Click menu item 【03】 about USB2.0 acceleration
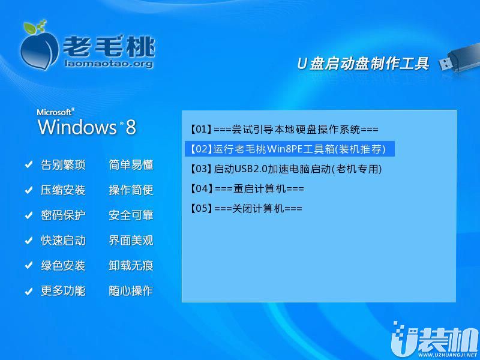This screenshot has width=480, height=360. coord(286,169)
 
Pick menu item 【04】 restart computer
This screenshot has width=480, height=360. coord(247,189)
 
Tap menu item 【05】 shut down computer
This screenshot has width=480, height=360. coord(245,209)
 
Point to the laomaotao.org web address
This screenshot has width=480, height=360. coord(107,63)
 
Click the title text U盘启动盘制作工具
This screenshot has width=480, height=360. coord(363,64)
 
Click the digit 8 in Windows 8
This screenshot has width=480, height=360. coord(131,127)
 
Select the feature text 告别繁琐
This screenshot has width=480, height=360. coord(63,165)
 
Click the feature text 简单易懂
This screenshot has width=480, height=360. coord(131,165)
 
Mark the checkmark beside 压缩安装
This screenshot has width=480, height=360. coord(28,190)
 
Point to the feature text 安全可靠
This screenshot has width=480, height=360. coord(131,215)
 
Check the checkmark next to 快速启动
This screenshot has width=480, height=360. coord(28,241)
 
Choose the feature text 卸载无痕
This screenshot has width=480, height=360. coord(131,266)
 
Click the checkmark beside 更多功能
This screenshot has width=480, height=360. coord(28,292)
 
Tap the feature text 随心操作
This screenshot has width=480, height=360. coord(131,291)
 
